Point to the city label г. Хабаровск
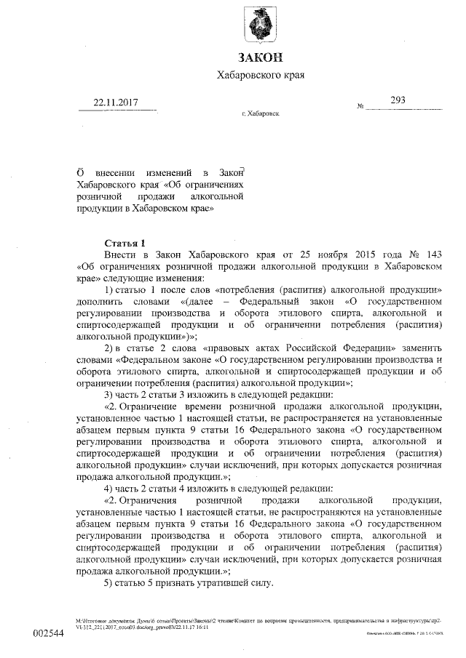point(260,114)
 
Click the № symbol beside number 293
point(360,108)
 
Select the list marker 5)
point(109,585)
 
